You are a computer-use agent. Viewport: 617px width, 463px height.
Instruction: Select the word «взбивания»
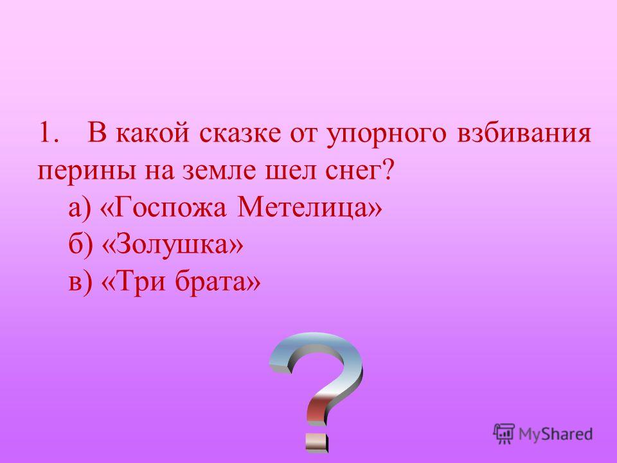click(x=524, y=133)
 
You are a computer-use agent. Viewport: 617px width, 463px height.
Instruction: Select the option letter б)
click(x=80, y=245)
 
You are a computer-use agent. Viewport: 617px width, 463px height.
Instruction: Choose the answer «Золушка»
click(x=172, y=246)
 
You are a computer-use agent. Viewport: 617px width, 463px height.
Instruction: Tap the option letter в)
click(x=80, y=282)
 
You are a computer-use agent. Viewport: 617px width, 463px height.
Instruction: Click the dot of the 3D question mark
click(x=317, y=442)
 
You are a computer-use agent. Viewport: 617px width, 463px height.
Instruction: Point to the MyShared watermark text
click(x=555, y=434)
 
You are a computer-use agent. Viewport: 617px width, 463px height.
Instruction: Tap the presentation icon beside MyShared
click(x=504, y=433)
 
